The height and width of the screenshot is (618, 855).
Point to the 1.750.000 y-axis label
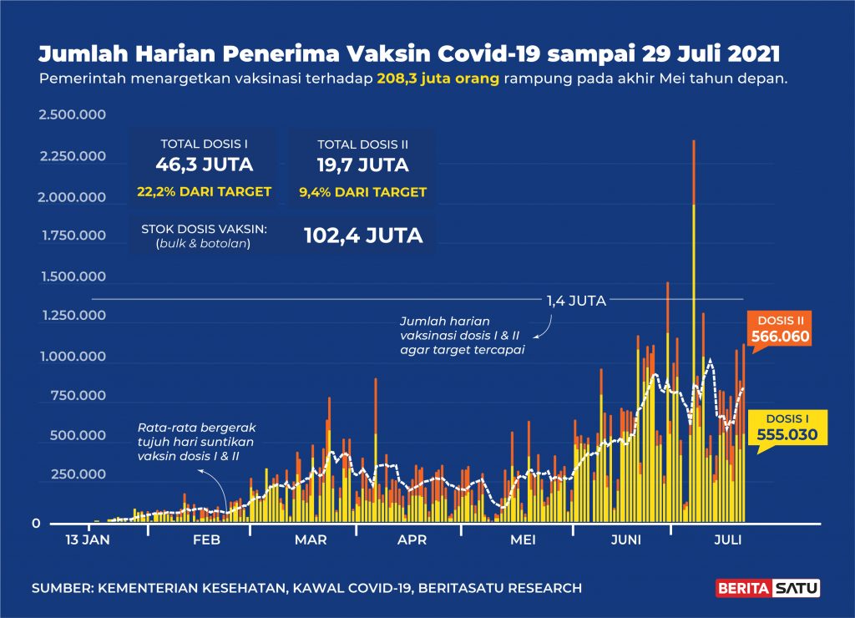[x=74, y=236]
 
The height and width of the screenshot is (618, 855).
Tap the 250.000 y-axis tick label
[x=78, y=474]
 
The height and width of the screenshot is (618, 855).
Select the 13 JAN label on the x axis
[x=87, y=540]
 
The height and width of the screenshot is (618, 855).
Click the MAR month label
[x=311, y=540]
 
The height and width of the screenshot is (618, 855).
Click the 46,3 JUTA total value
[x=205, y=164]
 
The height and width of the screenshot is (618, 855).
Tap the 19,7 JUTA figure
[x=362, y=164]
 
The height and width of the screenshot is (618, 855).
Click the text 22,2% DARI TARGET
[x=205, y=192]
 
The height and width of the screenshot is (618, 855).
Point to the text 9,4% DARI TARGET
[x=362, y=192]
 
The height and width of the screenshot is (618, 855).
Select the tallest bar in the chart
[x=694, y=334]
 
